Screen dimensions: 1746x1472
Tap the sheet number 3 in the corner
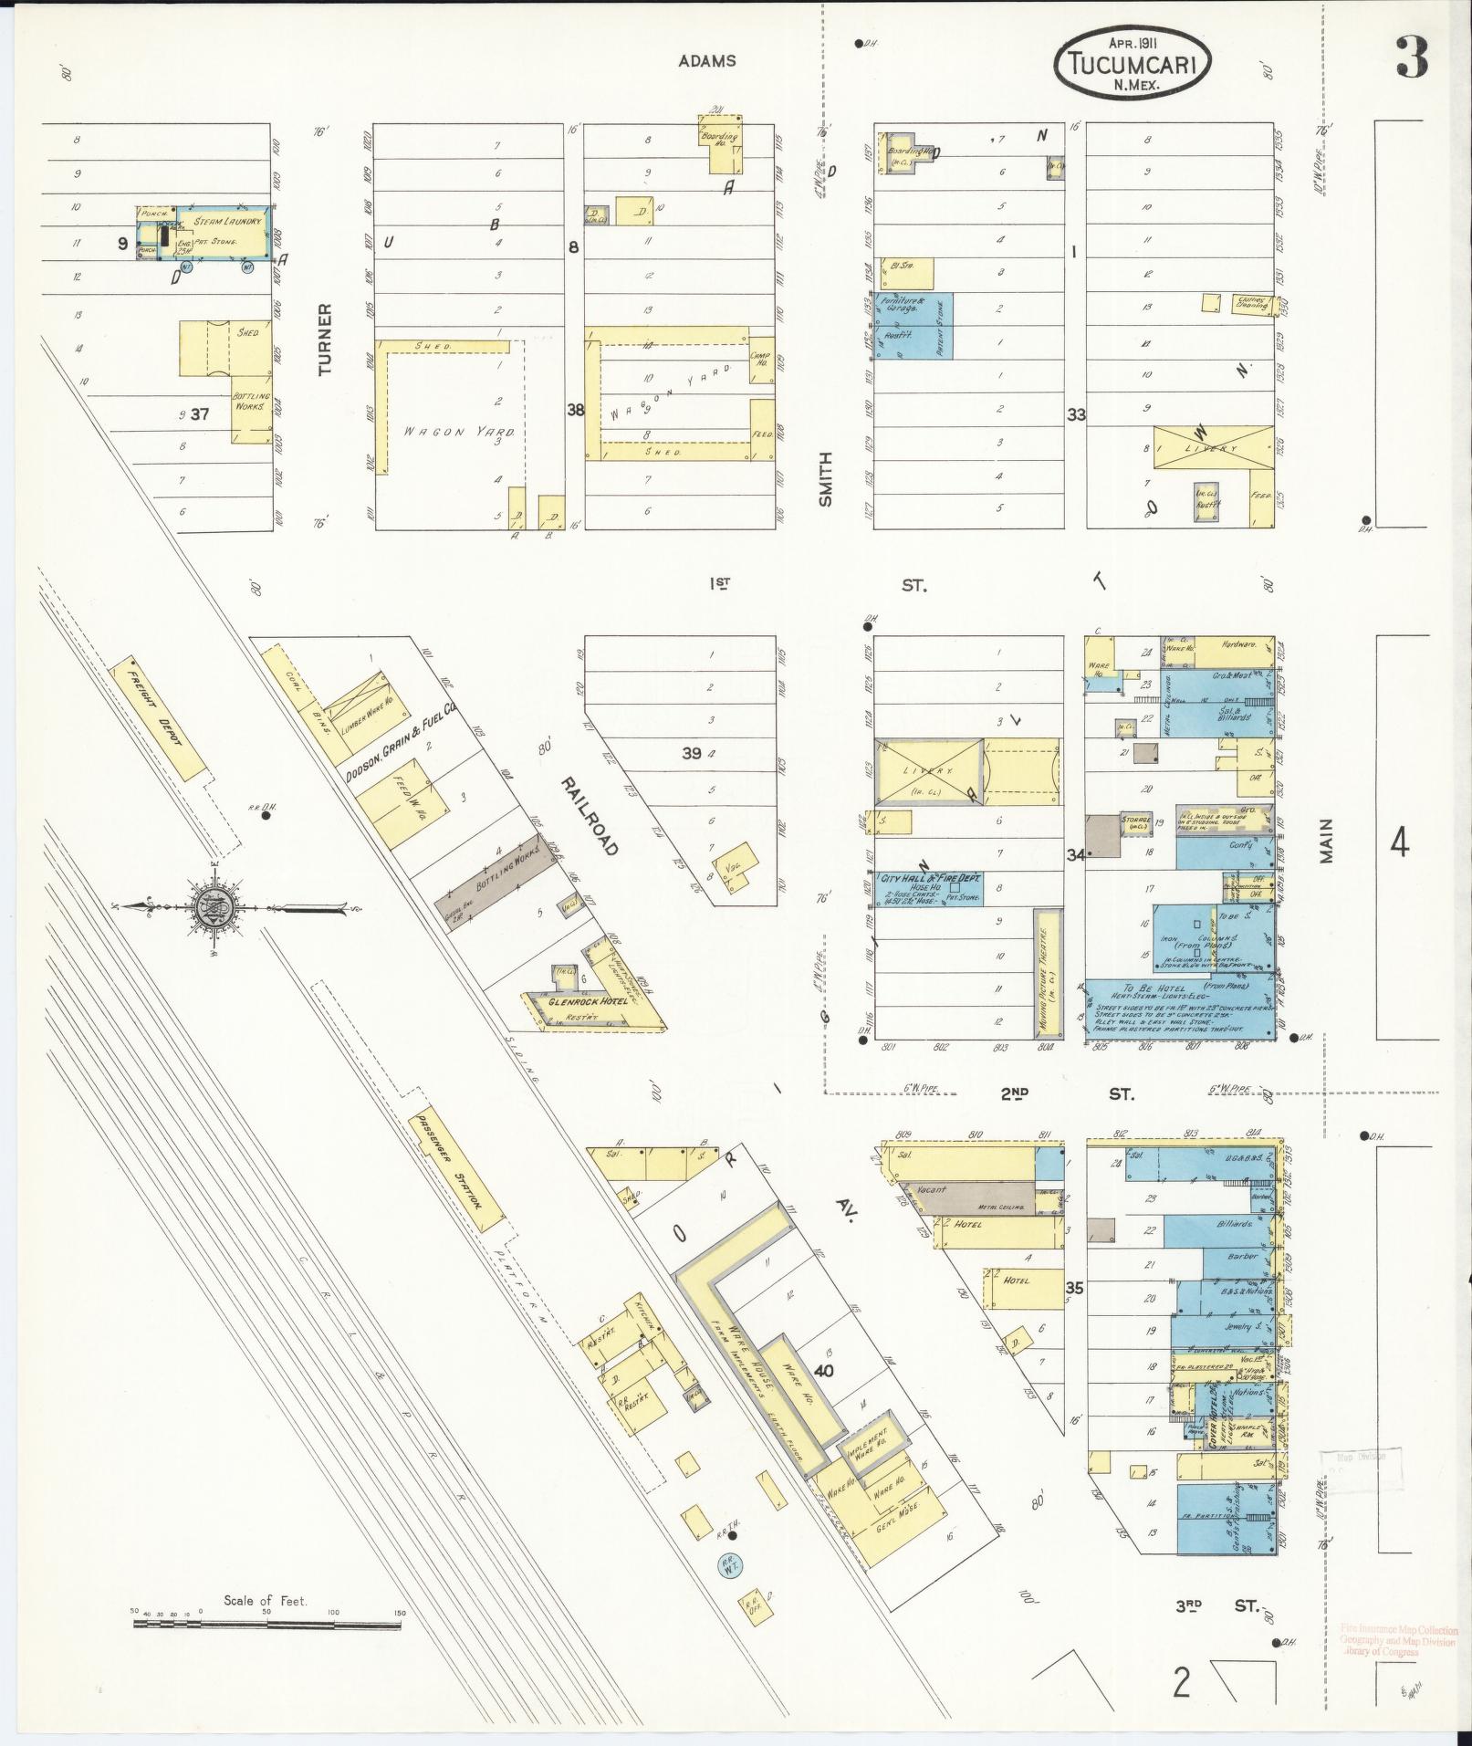pyautogui.click(x=1410, y=58)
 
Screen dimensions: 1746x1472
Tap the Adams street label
pyautogui.click(x=706, y=61)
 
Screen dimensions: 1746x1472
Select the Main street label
pyautogui.click(x=1326, y=840)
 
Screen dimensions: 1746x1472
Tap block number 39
pyautogui.click(x=691, y=753)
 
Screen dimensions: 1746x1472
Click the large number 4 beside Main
pyautogui.click(x=1399, y=842)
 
